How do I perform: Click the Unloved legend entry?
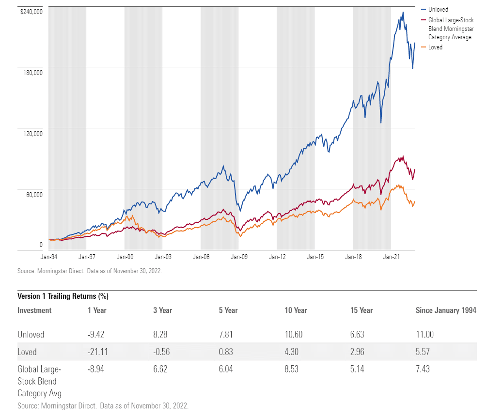[438, 9]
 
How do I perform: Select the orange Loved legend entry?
[435, 47]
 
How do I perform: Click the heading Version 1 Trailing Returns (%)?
[63, 296]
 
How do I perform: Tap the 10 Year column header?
[296, 310]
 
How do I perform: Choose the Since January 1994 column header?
[446, 310]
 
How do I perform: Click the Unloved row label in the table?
[31, 335]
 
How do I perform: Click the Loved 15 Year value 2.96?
[358, 352]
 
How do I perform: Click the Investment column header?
[34, 310]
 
